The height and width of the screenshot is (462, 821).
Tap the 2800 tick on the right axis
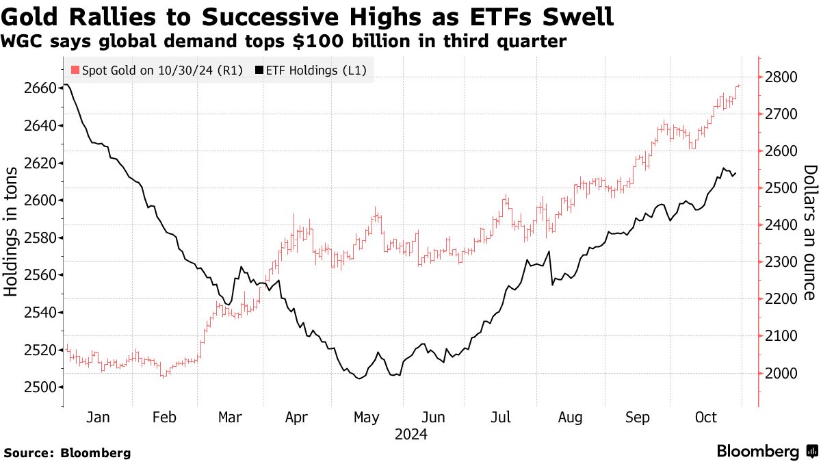click(781, 77)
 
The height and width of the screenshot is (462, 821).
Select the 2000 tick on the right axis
click(781, 373)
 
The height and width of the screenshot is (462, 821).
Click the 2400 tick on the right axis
click(781, 225)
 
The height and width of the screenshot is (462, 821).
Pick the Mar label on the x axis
click(231, 418)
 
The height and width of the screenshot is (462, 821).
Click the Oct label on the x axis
click(706, 418)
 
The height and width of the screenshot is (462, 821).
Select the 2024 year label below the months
click(410, 434)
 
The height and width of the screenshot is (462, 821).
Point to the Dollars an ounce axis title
click(810, 233)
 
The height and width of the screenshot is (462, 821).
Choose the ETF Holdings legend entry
click(312, 70)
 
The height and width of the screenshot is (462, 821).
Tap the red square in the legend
click(75, 70)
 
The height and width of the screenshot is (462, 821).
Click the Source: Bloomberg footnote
click(67, 452)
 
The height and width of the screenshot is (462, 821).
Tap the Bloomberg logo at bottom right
click(766, 451)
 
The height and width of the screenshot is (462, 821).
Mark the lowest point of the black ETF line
click(359, 378)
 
